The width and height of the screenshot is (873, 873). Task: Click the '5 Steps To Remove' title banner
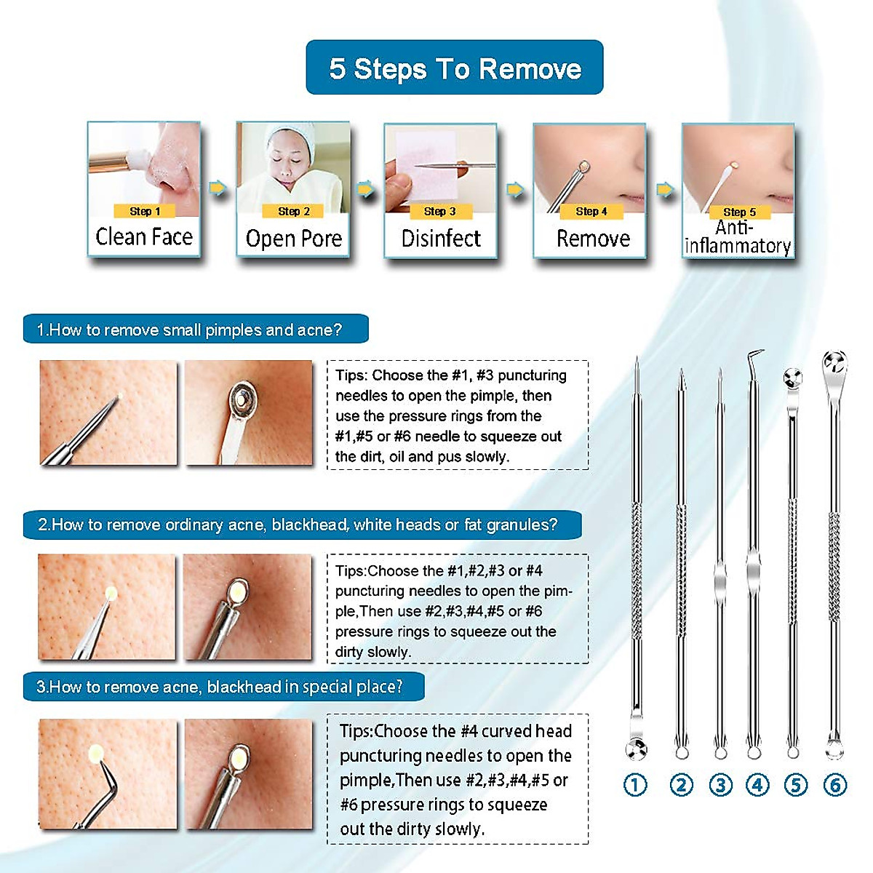click(x=455, y=68)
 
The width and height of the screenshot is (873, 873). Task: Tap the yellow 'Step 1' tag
click(x=144, y=211)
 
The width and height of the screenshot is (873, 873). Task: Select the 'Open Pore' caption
click(x=294, y=239)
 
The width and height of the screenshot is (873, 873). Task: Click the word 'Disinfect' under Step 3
click(x=441, y=239)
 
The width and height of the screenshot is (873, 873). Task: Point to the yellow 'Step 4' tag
click(x=591, y=211)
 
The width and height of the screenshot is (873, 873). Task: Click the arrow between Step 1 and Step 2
click(x=218, y=188)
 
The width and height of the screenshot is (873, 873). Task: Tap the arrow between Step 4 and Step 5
click(x=665, y=189)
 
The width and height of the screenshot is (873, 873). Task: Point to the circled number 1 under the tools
click(x=635, y=785)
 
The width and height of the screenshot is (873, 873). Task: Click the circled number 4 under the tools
click(x=757, y=785)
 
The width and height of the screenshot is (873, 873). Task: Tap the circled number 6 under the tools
click(x=834, y=785)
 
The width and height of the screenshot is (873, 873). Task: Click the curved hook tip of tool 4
click(x=757, y=356)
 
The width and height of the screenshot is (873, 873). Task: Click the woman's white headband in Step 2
click(x=291, y=135)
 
